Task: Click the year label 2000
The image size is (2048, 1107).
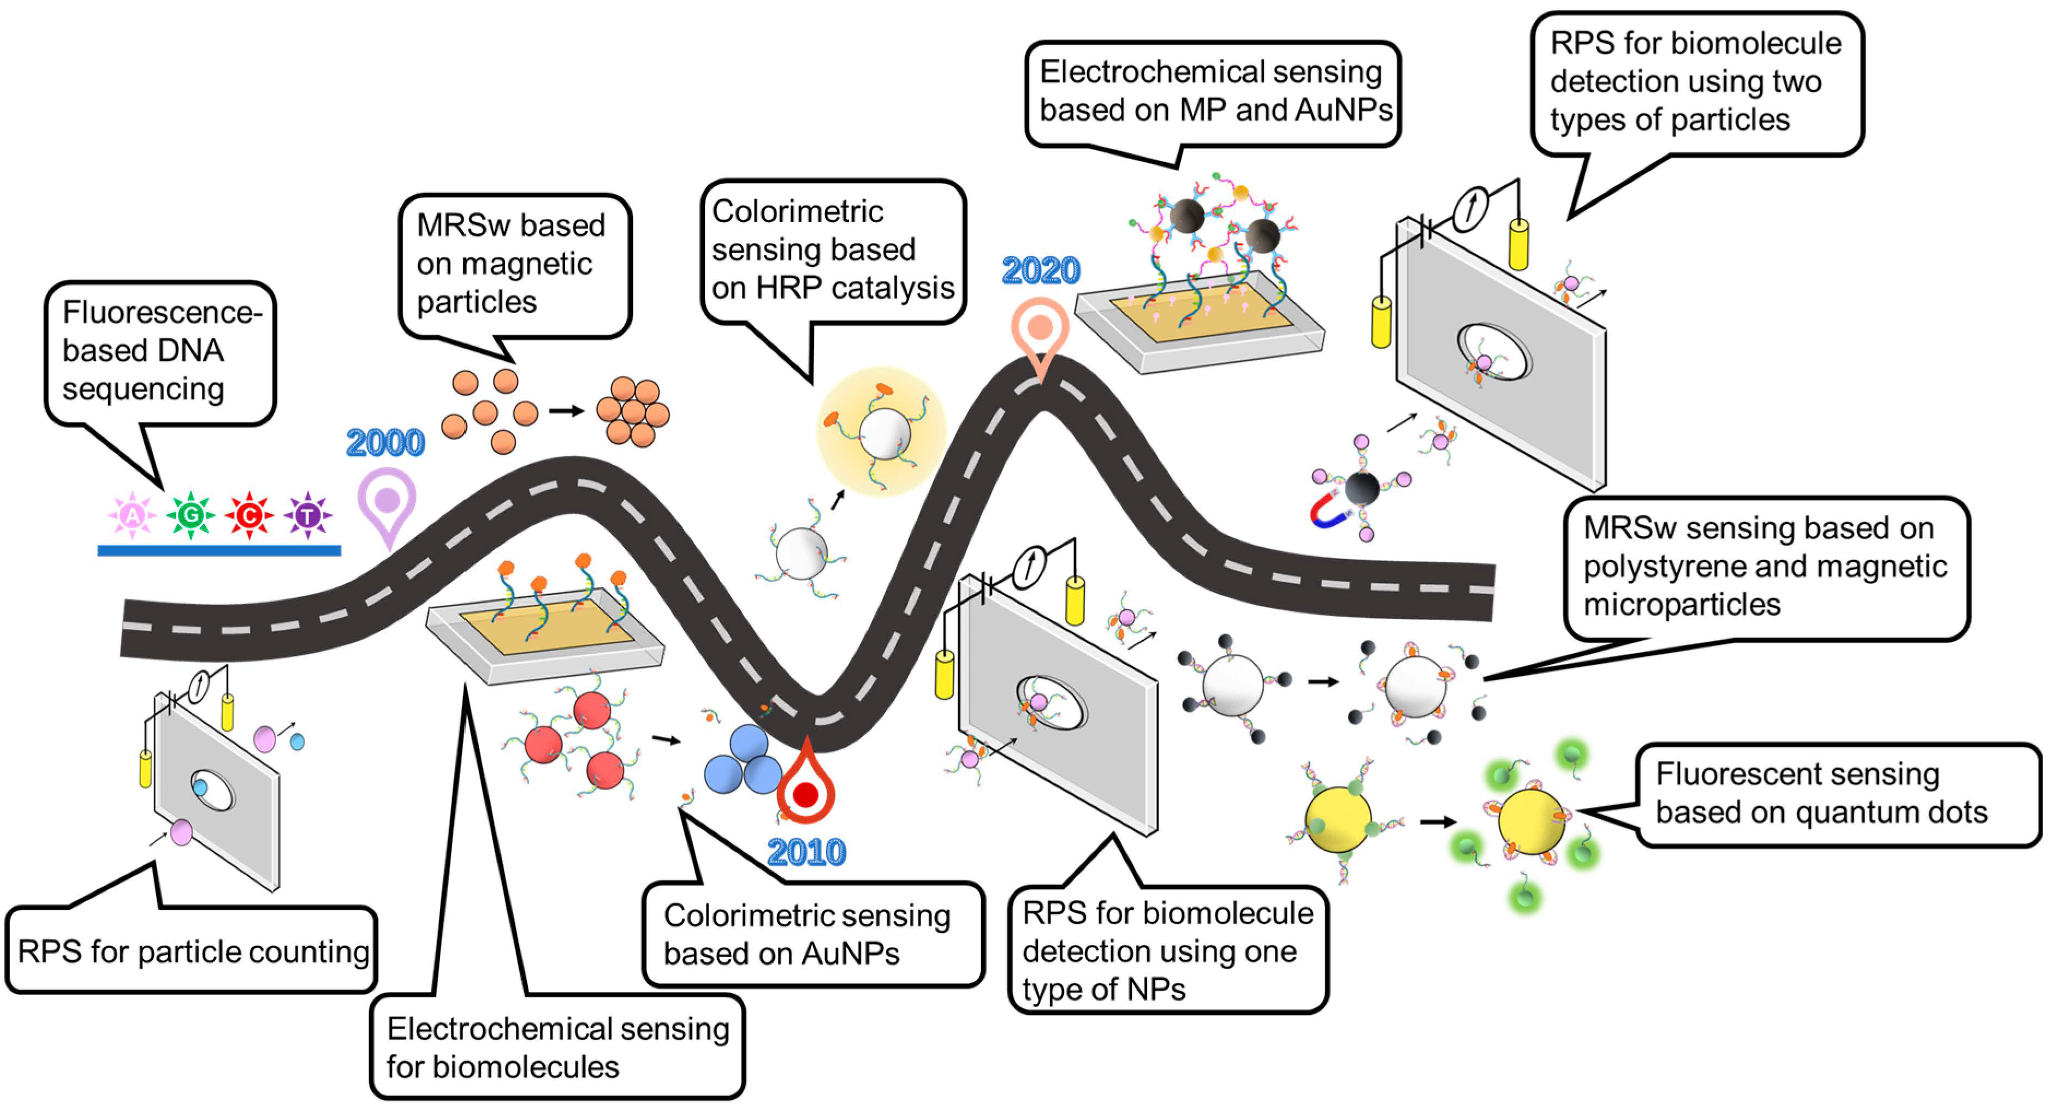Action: [385, 443]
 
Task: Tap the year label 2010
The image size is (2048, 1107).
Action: [806, 853]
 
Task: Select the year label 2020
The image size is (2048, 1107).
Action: [1041, 271]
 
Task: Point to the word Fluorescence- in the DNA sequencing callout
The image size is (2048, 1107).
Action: [162, 312]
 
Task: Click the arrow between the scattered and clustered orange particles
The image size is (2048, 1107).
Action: [566, 411]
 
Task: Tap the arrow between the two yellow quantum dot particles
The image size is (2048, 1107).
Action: [1438, 822]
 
